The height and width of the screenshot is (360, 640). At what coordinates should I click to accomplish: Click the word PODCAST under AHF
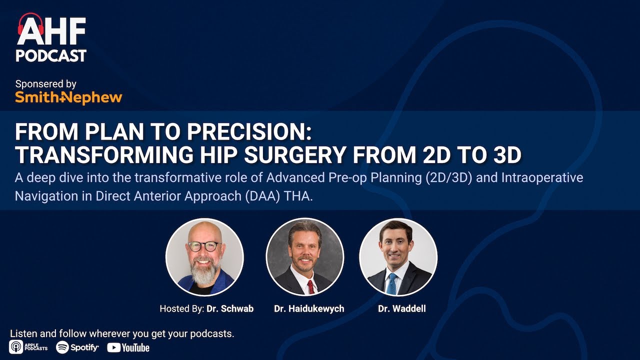[51, 55]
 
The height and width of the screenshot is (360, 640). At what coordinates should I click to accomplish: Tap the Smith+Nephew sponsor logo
[68, 97]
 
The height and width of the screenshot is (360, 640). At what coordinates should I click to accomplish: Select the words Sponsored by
[46, 84]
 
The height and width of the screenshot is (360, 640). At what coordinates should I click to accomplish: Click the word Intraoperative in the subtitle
[545, 177]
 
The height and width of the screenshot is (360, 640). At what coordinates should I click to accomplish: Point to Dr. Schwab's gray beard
[204, 270]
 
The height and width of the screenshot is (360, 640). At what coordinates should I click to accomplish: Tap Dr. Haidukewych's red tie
[310, 286]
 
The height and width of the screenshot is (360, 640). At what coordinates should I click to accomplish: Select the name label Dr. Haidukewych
[309, 308]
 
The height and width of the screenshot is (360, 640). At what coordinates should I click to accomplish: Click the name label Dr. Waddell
[401, 308]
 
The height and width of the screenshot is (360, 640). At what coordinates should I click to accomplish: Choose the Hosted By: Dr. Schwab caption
[206, 308]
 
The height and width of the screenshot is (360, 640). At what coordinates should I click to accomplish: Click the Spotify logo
[77, 347]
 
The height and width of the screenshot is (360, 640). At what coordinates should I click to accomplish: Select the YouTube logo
[128, 347]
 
